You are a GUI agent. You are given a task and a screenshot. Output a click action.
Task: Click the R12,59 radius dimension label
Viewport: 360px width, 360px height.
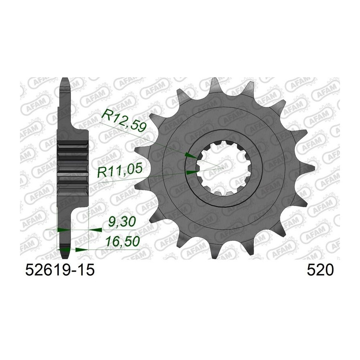tap(124, 120)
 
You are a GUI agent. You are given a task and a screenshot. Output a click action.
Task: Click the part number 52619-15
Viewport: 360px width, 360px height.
tap(60, 270)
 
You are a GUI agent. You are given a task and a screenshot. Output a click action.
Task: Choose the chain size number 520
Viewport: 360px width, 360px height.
tap(320, 270)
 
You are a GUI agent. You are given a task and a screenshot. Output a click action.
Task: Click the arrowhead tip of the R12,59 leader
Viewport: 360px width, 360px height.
tap(197, 158)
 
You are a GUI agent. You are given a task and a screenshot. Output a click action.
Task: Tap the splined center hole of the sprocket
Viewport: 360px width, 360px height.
tap(224, 168)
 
